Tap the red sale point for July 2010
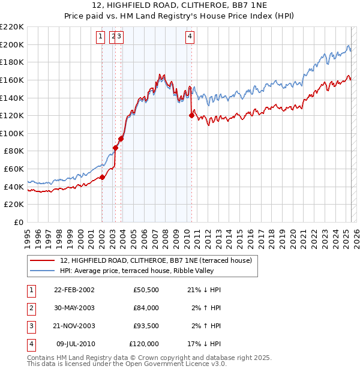click(191, 115)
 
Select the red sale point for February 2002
click(102, 177)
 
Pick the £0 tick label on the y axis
click(19, 222)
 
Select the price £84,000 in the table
click(146, 308)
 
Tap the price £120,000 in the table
click(144, 344)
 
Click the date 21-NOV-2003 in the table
click(74, 326)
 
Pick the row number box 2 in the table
click(31, 308)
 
